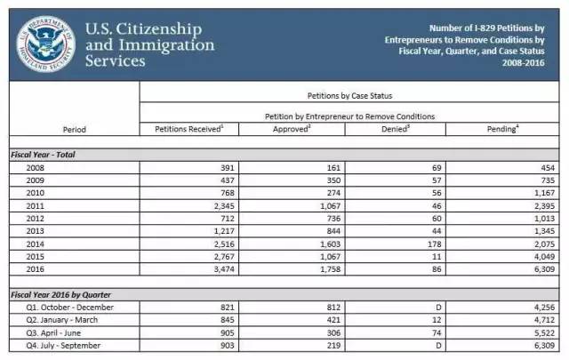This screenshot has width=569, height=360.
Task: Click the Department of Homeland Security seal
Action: click(45, 44)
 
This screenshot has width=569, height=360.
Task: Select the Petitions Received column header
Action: click(189, 129)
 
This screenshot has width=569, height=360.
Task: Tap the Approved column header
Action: click(292, 129)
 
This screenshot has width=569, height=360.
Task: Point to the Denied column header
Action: click(396, 129)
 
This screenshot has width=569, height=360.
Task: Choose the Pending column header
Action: click(502, 129)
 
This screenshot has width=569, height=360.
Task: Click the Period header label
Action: click(75, 130)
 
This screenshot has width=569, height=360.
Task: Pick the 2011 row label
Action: click(35, 206)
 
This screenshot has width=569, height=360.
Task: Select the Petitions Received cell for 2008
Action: click(228, 168)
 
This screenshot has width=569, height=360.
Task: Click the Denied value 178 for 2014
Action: click(435, 244)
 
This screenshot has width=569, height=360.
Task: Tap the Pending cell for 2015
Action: click(544, 257)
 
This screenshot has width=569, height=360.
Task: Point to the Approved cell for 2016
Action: click(330, 269)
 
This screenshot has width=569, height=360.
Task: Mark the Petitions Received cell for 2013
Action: click(224, 231)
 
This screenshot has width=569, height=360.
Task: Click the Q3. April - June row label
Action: click(53, 333)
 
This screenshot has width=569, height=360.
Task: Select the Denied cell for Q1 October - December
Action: click(438, 308)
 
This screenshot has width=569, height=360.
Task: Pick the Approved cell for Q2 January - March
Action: click(333, 320)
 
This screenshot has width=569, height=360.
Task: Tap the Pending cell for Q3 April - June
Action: click(544, 333)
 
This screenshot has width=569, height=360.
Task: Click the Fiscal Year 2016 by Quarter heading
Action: click(61, 295)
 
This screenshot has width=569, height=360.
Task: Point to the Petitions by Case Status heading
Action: click(349, 96)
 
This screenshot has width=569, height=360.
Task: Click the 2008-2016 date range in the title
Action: click(524, 63)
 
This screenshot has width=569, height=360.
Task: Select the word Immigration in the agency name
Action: click(167, 45)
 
